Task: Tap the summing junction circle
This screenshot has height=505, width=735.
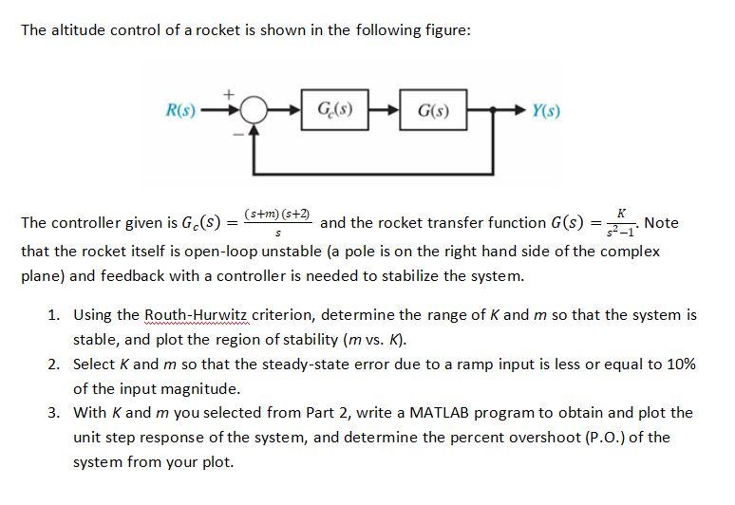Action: pos(253,110)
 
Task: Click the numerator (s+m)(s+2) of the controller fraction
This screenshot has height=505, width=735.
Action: pos(277,215)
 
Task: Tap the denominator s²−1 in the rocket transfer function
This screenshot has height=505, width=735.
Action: pos(620,233)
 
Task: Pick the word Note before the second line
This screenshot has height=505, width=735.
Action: pos(661,223)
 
